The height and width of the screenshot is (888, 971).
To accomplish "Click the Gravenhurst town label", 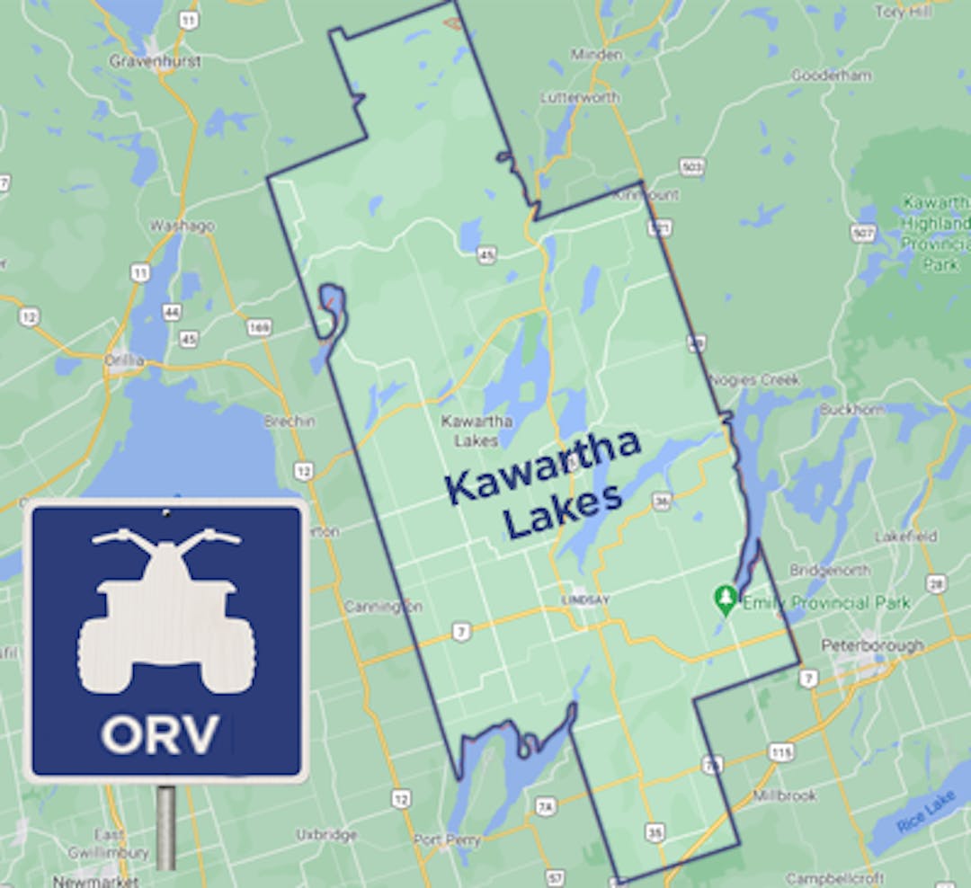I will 155,61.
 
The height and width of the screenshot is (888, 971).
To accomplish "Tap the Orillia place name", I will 125,360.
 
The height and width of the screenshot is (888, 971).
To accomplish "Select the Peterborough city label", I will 871,645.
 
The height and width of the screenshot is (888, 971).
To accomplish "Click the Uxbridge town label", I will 326,834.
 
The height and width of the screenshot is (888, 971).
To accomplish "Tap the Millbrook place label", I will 785,795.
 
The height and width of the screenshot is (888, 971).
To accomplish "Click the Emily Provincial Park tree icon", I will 726,597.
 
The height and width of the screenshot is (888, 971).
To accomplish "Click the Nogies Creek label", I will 754,379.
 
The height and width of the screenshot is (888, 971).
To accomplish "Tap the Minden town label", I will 596,54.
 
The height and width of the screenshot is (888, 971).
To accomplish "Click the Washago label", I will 182,226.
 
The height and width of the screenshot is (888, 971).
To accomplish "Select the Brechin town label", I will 289,421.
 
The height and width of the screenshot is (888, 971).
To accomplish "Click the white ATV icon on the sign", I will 166,611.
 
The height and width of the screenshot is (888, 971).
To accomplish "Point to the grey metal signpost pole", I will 165,827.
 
